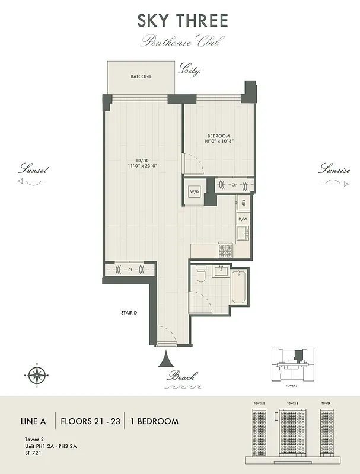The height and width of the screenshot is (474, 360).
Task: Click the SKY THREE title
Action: [183, 20]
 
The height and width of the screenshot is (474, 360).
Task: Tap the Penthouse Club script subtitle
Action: [183, 41]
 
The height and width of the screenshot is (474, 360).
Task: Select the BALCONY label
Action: [141, 76]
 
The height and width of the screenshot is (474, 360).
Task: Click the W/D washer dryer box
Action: [194, 192]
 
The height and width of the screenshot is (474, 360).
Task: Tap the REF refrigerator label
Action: [243, 203]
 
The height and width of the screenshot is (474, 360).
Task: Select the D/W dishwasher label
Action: [243, 219]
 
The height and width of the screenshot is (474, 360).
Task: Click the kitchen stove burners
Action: [225, 250]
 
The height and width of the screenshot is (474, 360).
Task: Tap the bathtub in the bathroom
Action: [238, 286]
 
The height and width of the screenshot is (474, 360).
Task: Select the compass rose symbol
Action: [37, 374]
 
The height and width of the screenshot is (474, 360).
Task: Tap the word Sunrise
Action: [334, 169]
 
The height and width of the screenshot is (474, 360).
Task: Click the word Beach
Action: [182, 376]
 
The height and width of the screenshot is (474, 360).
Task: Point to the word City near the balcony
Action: [190, 71]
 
